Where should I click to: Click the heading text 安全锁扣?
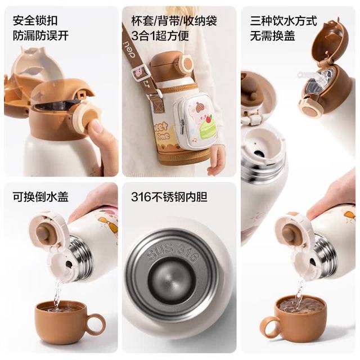coord(35,20)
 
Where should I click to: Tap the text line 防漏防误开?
coord(40,35)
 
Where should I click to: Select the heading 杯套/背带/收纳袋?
coord(174,20)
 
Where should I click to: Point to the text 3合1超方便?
coord(160,35)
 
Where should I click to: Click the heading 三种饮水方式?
coord(283,20)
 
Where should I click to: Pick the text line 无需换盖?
coord(272,35)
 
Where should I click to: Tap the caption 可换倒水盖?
coord(40,197)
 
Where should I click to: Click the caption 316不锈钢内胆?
coord(169,197)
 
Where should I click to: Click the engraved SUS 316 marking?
coord(172,252)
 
